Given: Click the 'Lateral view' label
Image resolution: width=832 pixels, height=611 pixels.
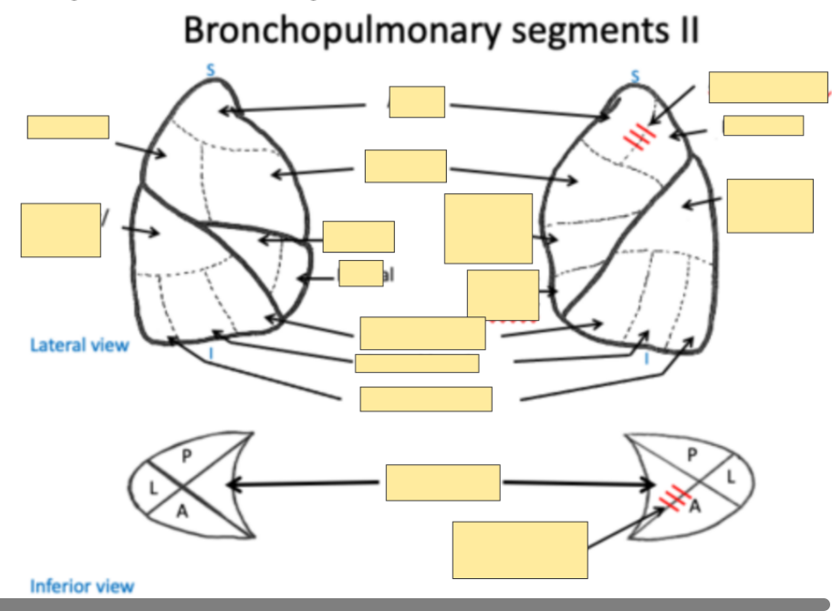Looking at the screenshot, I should tap(79, 345).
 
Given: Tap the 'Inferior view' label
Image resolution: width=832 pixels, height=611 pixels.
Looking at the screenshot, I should tap(81, 586).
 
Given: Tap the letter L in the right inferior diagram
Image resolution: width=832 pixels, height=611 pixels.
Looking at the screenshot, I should tap(731, 477).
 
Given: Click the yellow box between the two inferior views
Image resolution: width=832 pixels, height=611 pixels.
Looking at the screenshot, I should tap(442, 482).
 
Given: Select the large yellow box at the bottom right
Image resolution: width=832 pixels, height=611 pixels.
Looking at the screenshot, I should tap(519, 550).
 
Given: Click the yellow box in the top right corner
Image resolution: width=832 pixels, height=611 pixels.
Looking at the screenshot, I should tap(768, 87).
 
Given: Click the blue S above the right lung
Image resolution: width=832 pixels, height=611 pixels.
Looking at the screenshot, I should tap(636, 75).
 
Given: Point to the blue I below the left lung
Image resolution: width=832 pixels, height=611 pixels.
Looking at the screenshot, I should tap(211, 355).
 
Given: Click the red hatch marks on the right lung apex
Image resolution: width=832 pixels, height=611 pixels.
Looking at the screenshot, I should tap(640, 138).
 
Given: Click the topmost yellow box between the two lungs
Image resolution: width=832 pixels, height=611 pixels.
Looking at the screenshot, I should tap(417, 102).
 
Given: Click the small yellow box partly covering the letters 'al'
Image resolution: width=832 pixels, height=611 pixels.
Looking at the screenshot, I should tap(360, 274).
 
